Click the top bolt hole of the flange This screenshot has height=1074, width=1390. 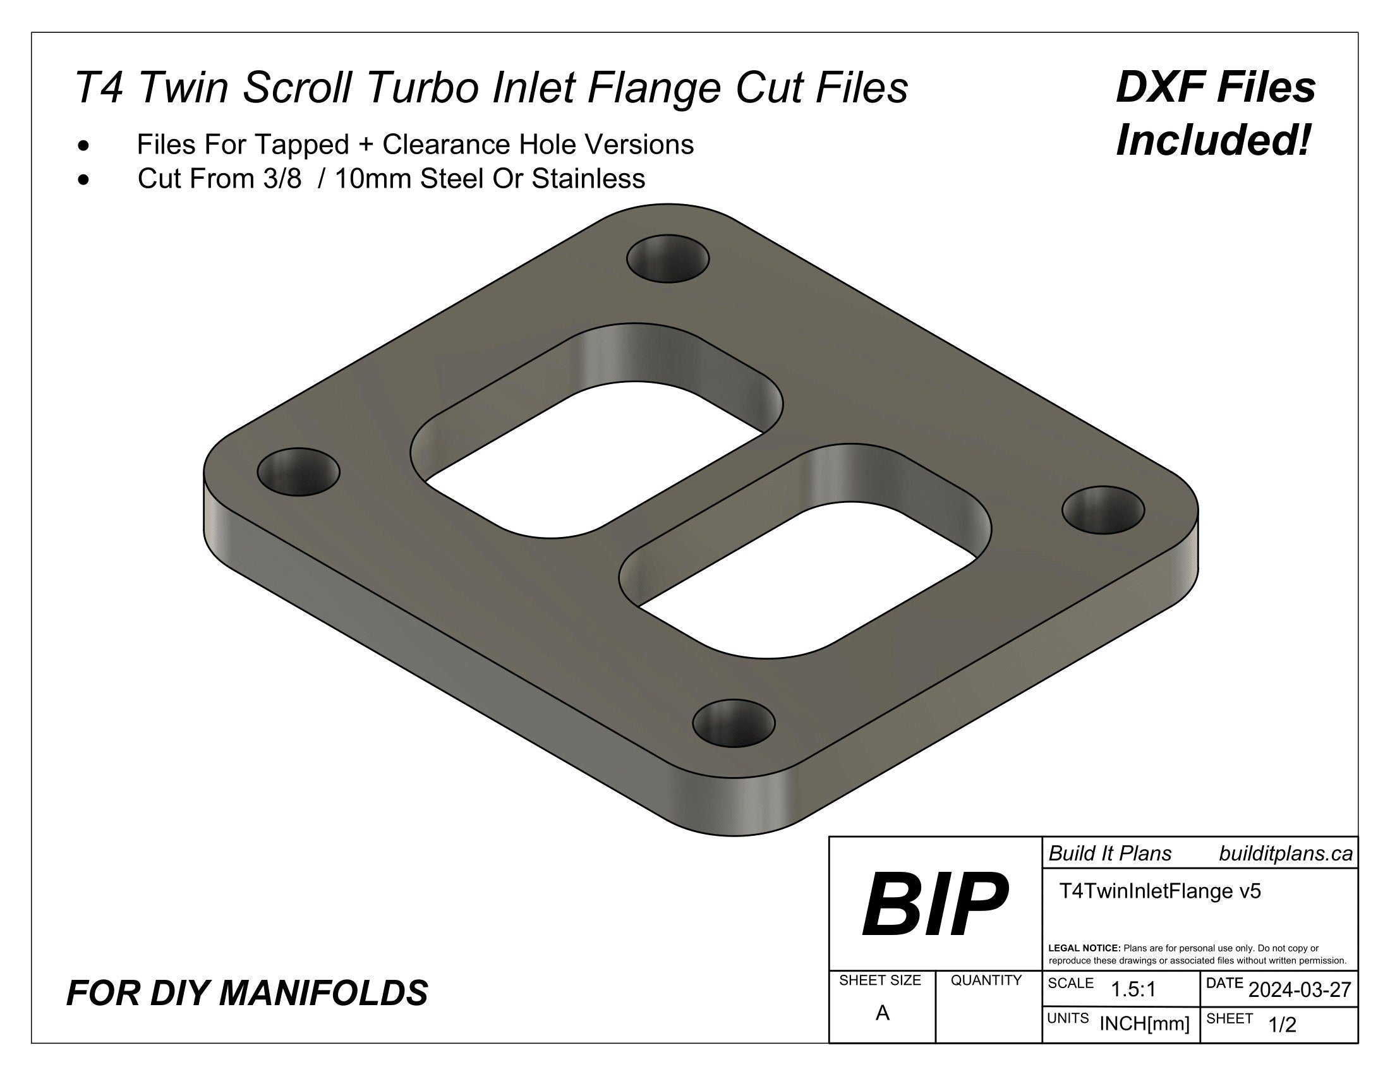click(x=668, y=259)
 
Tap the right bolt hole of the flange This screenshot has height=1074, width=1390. click(x=1103, y=510)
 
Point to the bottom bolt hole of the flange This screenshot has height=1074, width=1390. click(x=733, y=723)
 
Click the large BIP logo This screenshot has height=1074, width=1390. click(x=935, y=904)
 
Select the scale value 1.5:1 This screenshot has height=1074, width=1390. click(x=1133, y=990)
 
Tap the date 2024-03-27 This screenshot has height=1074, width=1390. click(x=1300, y=990)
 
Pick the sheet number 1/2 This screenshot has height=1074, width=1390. click(x=1283, y=1025)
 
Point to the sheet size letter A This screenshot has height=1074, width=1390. click(x=882, y=1013)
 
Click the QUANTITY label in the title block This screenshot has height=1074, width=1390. click(x=986, y=980)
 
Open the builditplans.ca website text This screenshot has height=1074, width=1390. click(x=1286, y=854)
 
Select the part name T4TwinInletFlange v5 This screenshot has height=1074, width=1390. click(x=1159, y=891)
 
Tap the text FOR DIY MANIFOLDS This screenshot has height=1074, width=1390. click(x=247, y=993)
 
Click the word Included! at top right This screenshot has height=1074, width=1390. click(x=1214, y=141)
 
